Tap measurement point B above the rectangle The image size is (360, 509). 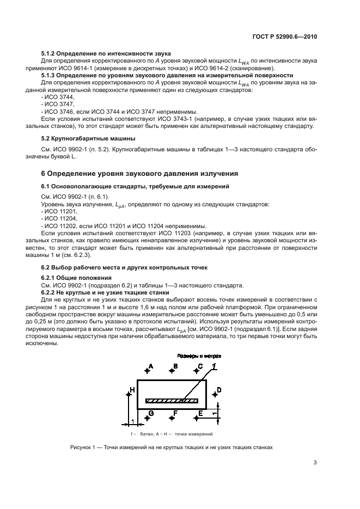tap(172, 370)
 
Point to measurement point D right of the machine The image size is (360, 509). tap(213, 390)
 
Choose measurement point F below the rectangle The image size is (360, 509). tap(172, 416)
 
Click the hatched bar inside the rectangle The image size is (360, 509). tap(171, 401)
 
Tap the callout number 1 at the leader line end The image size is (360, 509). tap(214, 367)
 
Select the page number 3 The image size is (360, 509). tap(315, 463)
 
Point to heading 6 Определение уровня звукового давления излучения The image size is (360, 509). tap(140, 174)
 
